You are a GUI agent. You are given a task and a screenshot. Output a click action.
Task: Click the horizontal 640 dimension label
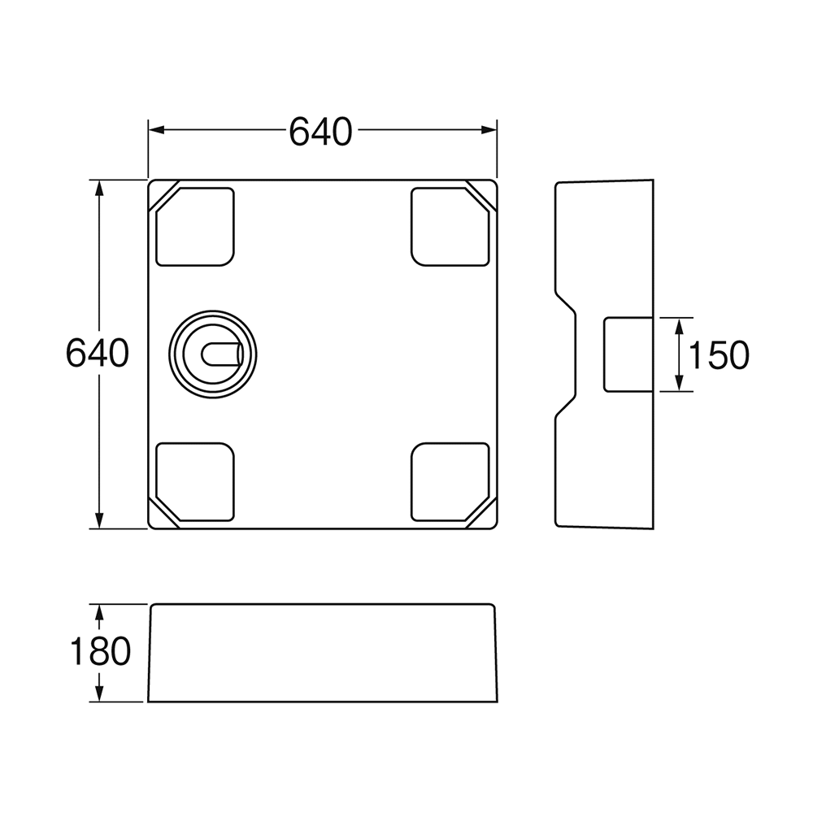click(x=320, y=131)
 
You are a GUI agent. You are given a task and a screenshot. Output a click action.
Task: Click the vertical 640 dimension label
click(x=98, y=353)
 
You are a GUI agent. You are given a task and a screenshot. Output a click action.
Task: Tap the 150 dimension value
click(x=719, y=355)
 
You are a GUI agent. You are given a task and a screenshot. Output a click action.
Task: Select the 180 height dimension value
click(x=100, y=652)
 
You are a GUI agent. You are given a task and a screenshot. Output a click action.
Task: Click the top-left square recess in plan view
click(x=195, y=227)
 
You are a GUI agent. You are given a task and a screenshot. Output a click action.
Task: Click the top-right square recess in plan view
click(x=450, y=227)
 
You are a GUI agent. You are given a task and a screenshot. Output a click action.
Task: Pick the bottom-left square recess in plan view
click(x=195, y=481)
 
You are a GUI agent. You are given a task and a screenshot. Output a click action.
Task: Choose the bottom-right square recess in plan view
click(x=450, y=481)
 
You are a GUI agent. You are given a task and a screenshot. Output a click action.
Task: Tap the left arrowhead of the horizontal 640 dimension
click(x=156, y=129)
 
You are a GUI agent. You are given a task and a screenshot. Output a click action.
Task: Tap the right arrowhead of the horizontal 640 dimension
click(x=489, y=129)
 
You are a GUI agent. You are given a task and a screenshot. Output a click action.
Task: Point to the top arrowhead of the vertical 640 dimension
click(x=99, y=188)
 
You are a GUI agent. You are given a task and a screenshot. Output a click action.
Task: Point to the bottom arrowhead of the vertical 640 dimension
click(x=99, y=520)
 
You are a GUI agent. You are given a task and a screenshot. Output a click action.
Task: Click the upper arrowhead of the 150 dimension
click(x=679, y=326)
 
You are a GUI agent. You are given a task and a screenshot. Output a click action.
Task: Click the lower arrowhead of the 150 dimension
click(x=679, y=383)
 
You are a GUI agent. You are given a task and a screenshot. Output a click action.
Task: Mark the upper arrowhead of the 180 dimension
click(x=99, y=612)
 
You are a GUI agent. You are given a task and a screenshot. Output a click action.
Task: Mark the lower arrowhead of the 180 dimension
click(x=99, y=693)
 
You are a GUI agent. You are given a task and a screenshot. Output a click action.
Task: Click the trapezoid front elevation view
click(x=323, y=653)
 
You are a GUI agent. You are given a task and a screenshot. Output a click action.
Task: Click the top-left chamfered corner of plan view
click(x=163, y=195)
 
